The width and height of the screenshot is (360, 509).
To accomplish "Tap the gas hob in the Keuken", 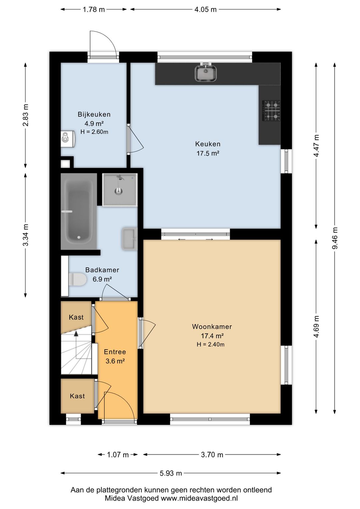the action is click(x=271, y=111).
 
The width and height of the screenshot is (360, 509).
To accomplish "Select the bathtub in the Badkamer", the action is click(x=79, y=211).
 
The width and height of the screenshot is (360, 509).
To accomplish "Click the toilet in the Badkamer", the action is click(x=78, y=279).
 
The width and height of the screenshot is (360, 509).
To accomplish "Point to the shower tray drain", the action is click(x=118, y=191).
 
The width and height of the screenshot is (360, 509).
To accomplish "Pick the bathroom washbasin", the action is click(x=130, y=239).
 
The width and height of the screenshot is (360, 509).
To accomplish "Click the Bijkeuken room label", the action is click(x=94, y=114).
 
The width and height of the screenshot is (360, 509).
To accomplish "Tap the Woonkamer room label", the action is click(x=212, y=327).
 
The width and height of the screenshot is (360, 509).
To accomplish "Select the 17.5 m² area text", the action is click(x=208, y=153).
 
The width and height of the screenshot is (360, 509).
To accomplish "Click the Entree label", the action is click(x=115, y=352).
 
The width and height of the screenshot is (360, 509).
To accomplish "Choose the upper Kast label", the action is click(x=76, y=317).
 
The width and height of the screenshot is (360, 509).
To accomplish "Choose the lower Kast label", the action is click(x=77, y=396).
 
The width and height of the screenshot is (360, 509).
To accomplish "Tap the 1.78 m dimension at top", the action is click(x=94, y=10).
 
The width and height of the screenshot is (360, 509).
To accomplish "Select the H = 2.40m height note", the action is click(x=211, y=344).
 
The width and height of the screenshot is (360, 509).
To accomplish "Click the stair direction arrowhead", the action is click(x=76, y=333).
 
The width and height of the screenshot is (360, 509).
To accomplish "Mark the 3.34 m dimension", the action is click(x=26, y=235).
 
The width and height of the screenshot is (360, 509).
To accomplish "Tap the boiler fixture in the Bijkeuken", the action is click(x=68, y=139).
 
